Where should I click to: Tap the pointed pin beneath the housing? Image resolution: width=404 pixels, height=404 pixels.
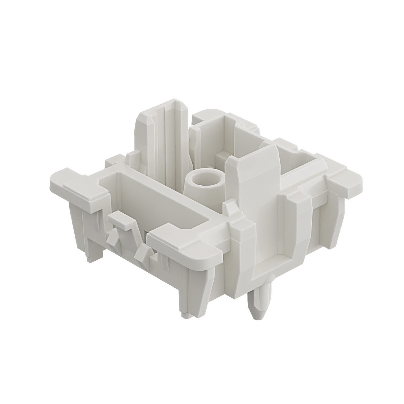pyautogui.click(x=260, y=303)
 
